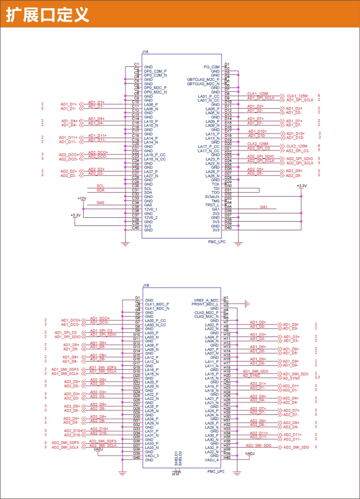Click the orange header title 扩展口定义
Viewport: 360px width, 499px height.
coord(48,14)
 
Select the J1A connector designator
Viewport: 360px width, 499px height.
coord(145,51)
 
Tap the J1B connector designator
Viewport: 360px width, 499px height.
coord(146,285)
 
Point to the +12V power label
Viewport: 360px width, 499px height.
coord(82,198)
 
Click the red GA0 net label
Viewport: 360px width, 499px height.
coord(100,203)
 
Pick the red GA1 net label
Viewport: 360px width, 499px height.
coord(263,207)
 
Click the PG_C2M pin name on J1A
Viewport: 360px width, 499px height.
coord(211,67)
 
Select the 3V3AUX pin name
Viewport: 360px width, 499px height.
coord(211,197)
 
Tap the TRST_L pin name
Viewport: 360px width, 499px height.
coord(212,205)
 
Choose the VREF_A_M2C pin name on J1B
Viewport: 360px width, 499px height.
coord(206,300)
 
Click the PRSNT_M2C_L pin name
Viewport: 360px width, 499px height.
coord(205,304)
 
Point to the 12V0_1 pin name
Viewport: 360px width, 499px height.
coord(151,210)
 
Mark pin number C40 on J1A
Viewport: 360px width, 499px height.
coord(136,228)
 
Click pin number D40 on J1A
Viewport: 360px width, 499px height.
coord(228,228)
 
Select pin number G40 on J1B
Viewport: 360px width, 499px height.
coord(137,458)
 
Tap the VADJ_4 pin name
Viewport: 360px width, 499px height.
coord(212,460)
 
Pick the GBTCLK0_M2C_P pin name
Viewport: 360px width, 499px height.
coord(203,79)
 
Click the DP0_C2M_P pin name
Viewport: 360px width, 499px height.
coord(155,71)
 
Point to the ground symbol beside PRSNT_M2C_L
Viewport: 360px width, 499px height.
coord(247,303)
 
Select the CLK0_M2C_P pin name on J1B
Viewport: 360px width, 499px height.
coord(207,312)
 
